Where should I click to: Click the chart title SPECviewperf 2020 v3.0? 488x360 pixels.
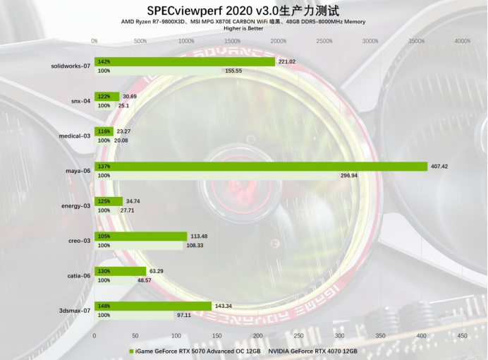pos(243,11)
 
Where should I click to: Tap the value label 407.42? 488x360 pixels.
pos(443,167)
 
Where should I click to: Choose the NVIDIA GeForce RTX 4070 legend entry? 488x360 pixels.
pos(312,350)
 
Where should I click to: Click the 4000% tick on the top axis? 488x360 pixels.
pos(462,41)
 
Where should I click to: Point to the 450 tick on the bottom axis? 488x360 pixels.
pos(462,335)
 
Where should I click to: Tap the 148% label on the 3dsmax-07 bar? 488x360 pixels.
pos(104,306)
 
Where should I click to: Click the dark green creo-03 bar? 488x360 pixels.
pos(141,236)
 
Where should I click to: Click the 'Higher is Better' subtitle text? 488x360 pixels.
pos(243,29)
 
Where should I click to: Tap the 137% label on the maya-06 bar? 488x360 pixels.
pos(104,167)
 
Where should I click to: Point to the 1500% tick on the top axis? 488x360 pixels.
pos(232,41)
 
